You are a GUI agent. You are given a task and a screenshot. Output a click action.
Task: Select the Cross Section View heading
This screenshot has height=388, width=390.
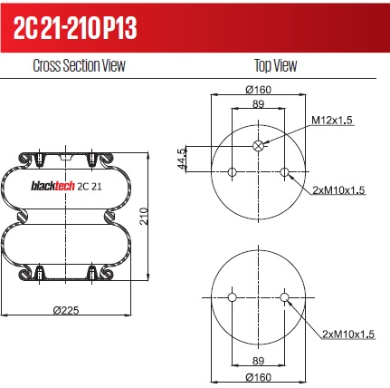click(x=79, y=66)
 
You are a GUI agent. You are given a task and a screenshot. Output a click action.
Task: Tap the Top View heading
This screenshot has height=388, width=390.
click(x=271, y=66)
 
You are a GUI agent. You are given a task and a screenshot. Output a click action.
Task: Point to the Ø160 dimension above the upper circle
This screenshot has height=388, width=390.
click(x=259, y=89)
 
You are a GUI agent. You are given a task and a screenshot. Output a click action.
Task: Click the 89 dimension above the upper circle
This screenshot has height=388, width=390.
click(x=258, y=106)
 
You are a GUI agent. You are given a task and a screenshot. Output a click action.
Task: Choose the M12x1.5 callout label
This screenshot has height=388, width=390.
click(x=333, y=120)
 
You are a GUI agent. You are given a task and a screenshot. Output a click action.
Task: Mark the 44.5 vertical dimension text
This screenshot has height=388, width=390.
click(x=181, y=158)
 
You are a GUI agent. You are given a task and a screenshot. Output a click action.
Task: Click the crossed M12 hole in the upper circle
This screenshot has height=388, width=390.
click(x=259, y=146)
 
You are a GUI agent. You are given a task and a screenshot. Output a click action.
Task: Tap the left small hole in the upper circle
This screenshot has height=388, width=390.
click(x=233, y=172)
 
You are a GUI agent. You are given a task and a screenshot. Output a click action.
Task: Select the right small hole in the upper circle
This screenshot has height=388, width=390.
click(x=285, y=172)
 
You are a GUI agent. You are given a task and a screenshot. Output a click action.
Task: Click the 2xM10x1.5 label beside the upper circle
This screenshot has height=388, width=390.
click(x=338, y=190)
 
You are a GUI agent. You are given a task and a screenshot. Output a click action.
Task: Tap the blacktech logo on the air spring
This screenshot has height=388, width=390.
click(x=53, y=187)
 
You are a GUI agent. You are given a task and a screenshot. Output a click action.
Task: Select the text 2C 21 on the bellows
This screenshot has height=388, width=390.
click(x=90, y=187)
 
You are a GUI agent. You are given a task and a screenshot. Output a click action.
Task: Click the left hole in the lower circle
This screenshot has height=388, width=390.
click(x=233, y=297)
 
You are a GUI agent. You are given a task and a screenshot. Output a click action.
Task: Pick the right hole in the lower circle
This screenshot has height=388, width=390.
click(x=285, y=297)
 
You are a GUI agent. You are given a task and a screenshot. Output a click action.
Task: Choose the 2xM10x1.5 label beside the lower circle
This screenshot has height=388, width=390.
click(x=348, y=335)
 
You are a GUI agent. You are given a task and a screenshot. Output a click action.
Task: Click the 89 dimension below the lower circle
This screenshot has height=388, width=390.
click(x=258, y=360)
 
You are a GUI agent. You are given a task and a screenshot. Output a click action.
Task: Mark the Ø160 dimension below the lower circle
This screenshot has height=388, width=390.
click(x=259, y=377)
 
